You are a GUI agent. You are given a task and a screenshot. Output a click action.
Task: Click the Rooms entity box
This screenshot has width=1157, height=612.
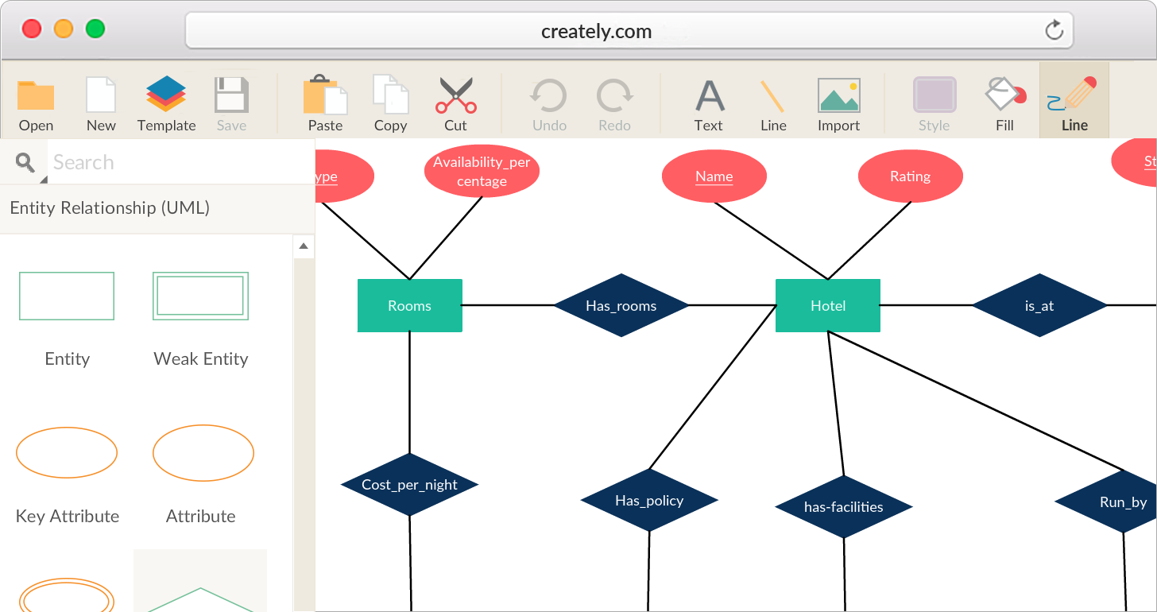[409, 305]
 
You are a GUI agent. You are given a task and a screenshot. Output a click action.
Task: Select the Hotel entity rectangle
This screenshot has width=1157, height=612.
[827, 305]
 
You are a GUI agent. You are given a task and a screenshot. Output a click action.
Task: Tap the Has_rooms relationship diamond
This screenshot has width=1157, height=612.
[621, 305]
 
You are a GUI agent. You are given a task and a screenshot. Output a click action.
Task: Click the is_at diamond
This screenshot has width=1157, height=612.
[1039, 305]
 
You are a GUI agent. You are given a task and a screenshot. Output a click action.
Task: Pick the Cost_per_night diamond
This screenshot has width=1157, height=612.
[409, 485]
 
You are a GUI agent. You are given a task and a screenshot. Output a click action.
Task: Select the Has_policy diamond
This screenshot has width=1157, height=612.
[649, 500]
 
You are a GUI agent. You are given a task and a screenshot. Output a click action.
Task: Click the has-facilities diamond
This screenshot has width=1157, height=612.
[843, 506]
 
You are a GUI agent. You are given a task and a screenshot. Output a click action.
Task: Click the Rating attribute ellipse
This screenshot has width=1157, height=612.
[910, 176]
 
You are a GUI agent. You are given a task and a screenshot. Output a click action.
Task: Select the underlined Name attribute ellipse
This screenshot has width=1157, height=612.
[714, 176]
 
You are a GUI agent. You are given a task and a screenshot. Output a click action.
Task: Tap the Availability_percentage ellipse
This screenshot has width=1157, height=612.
[482, 172]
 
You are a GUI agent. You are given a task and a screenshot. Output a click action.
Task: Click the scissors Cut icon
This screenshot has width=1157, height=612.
[455, 95]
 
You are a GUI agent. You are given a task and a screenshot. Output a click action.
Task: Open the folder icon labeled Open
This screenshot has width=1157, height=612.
[36, 95]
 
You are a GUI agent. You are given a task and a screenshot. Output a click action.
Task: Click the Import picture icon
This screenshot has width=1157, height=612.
[838, 95]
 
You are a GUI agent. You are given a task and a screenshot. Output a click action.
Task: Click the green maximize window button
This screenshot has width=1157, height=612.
[95, 29]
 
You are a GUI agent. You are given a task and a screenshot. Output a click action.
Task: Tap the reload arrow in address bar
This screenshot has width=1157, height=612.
[1054, 31]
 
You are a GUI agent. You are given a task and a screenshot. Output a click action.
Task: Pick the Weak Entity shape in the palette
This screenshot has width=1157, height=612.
[200, 296]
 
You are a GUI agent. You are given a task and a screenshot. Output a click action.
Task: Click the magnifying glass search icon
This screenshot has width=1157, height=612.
[25, 163]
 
